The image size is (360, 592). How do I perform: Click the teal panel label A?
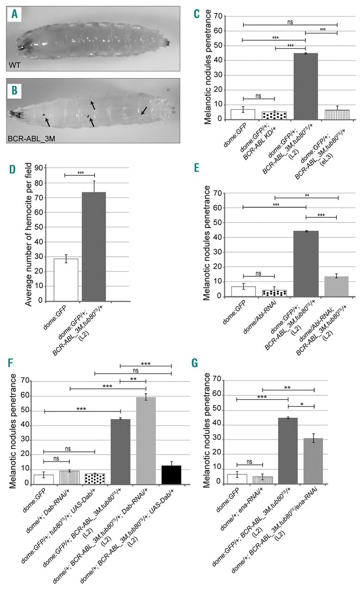coord(16,14)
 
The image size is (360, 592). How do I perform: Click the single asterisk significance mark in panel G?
coord(301,404)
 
